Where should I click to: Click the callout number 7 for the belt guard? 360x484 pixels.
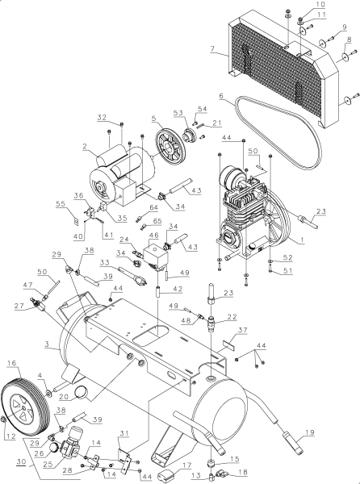212,48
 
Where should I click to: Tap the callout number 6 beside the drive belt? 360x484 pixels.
221,96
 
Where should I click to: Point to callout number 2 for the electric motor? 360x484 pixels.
85,147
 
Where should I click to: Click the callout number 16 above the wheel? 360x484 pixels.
12,363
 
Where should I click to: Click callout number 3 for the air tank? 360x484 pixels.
47,344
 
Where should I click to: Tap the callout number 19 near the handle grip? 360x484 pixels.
310,432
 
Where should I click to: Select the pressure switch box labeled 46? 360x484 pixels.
157,257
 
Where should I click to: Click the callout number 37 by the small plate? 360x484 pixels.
243,330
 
